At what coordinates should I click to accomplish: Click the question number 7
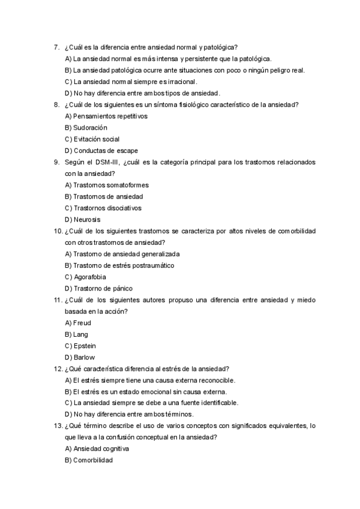click(56, 47)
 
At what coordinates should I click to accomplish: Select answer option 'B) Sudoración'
click(86, 128)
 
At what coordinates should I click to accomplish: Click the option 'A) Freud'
click(77, 323)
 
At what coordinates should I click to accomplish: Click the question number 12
click(58, 369)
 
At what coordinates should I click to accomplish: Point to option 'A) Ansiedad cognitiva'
click(97, 448)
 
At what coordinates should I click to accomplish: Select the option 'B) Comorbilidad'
click(89, 460)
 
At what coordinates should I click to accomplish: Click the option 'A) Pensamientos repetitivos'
click(106, 116)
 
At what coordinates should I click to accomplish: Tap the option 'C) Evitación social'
click(92, 139)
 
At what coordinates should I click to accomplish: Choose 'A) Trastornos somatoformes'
click(106, 185)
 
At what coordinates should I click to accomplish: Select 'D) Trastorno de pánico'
click(98, 288)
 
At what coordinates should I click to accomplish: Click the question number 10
click(58, 231)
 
